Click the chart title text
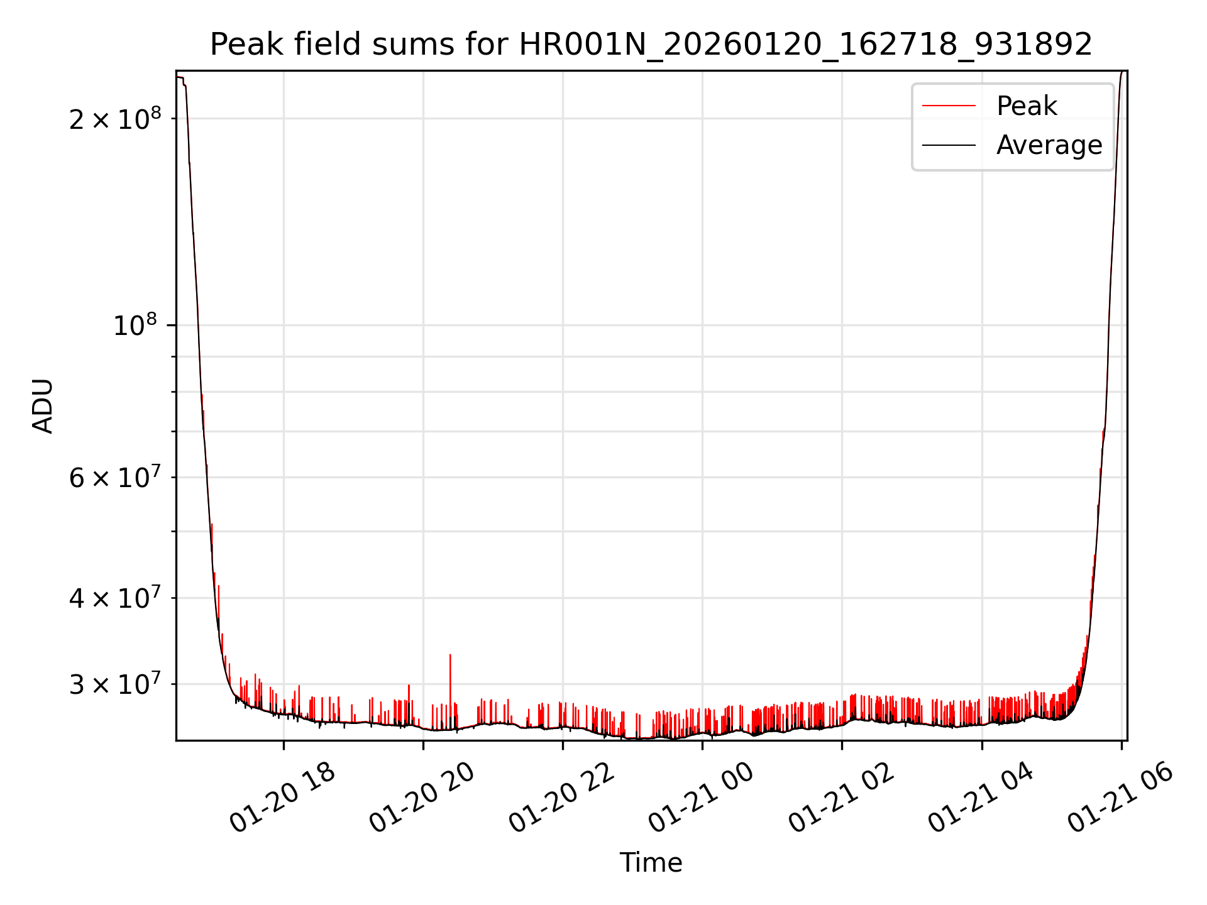pyautogui.click(x=651, y=45)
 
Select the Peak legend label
pyautogui.click(x=1027, y=106)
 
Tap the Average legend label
pyautogui.click(x=1049, y=145)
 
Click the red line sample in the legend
pyautogui.click(x=949, y=106)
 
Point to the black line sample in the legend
pyautogui.click(x=949, y=145)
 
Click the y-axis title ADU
pyautogui.click(x=43, y=406)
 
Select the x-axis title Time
pyautogui.click(x=651, y=863)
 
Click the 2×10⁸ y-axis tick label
pyautogui.click(x=115, y=119)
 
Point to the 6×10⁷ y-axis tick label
pyautogui.click(x=115, y=478)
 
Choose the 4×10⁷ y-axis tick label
pyautogui.click(x=115, y=598)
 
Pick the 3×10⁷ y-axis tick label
pyautogui.click(x=115, y=684)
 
